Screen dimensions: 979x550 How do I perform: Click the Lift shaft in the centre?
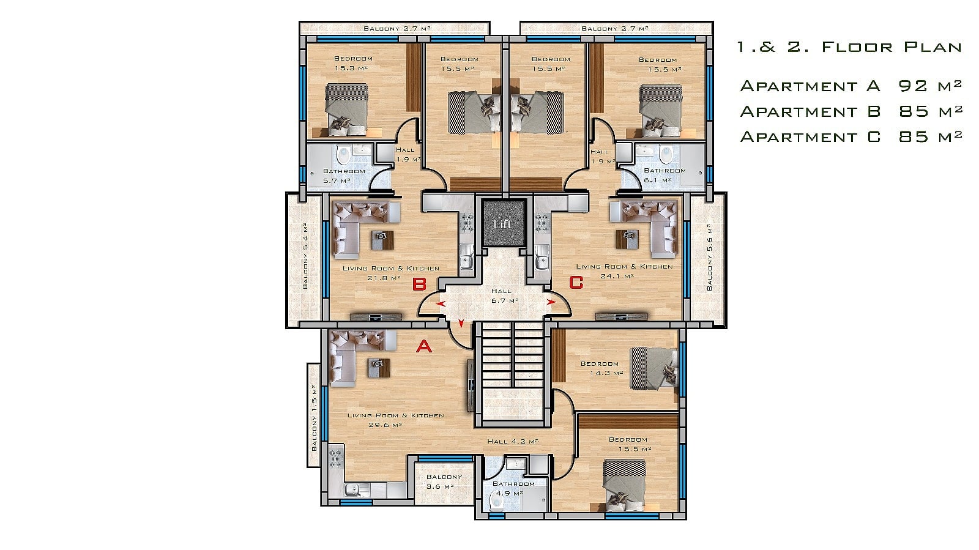click(504, 224)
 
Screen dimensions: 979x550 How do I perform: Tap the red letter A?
click(423, 346)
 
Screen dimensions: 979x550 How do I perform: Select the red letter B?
click(419, 284)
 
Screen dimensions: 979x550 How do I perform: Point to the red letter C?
click(576, 283)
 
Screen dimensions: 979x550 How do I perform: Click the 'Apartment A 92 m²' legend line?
click(851, 86)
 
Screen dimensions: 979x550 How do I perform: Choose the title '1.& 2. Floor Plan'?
click(849, 46)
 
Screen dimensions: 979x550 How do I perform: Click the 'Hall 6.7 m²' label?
click(504, 295)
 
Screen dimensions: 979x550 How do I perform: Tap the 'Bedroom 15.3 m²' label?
click(352, 64)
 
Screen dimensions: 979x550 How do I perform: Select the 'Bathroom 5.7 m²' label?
click(343, 176)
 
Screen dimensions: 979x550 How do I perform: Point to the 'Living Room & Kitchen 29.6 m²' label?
click(395, 420)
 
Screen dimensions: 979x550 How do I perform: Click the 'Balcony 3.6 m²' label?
click(444, 481)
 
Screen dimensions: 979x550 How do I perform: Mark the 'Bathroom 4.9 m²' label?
click(513, 488)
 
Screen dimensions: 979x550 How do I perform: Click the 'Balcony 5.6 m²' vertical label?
click(709, 258)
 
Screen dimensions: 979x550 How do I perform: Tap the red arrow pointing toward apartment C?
click(551, 302)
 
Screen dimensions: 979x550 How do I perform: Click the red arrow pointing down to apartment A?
click(461, 323)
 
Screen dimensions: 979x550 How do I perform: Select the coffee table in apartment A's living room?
click(379, 368)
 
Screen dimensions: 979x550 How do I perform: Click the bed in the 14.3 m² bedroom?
click(654, 368)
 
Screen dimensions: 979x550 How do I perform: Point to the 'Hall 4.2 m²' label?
click(513, 441)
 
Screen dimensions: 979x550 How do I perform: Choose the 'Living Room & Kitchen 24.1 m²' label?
click(624, 271)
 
